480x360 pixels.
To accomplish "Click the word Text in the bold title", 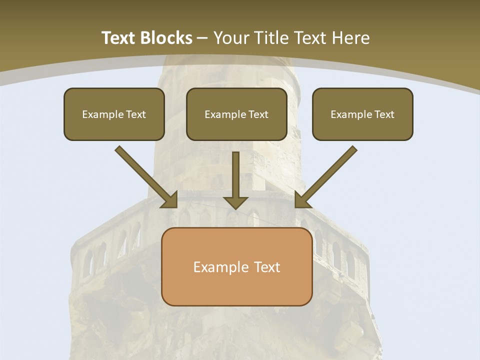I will click(x=119, y=38).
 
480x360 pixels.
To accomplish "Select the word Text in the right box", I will click(x=384, y=114).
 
